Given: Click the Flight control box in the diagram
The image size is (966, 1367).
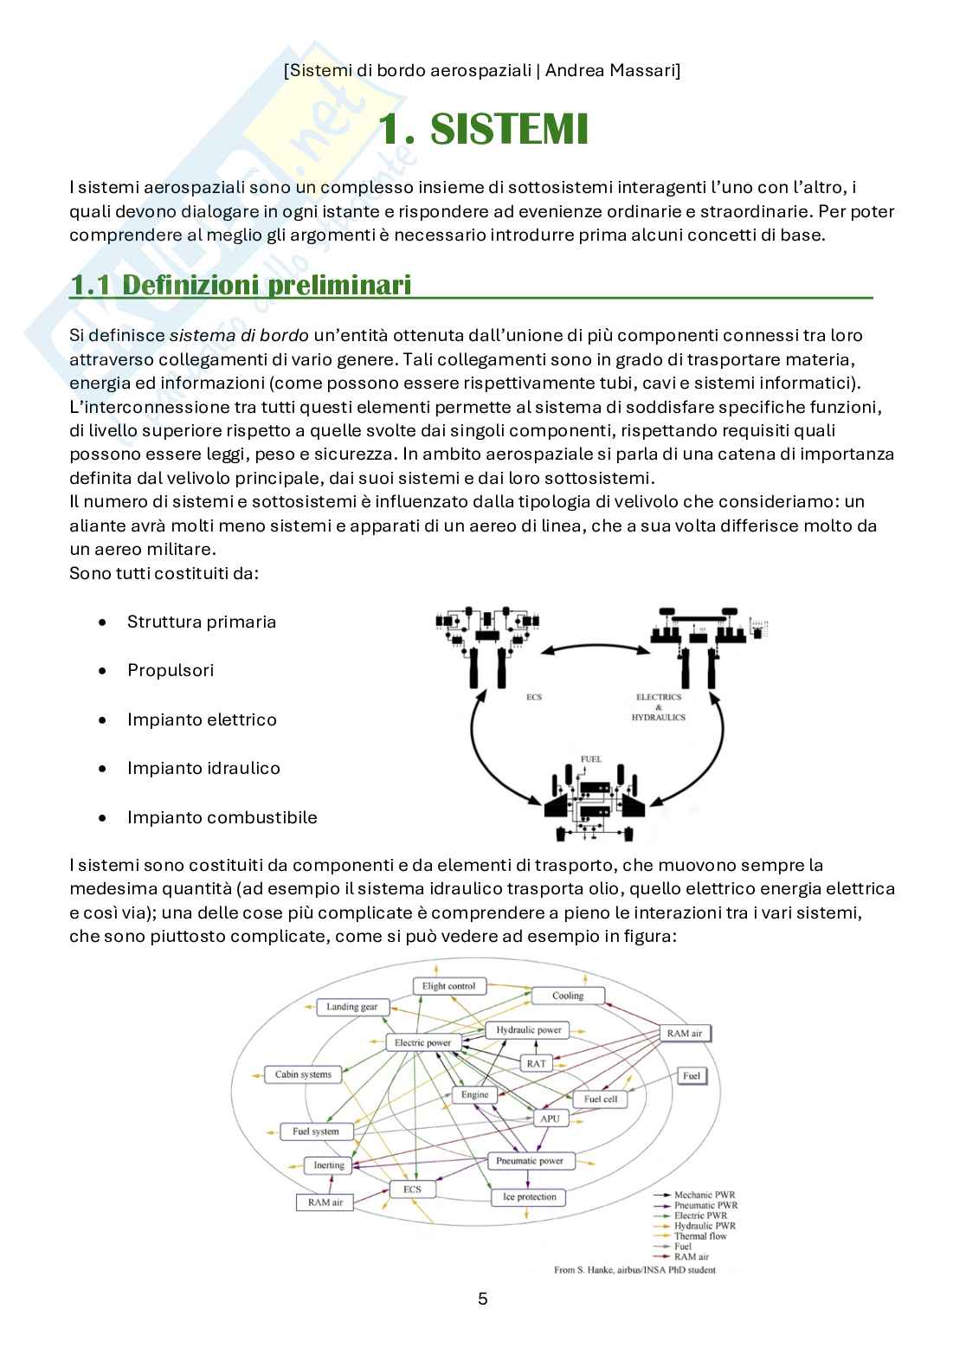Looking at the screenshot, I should click(x=449, y=985).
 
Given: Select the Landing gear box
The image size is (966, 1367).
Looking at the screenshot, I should click(x=351, y=1007).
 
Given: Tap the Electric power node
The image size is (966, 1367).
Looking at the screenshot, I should click(x=422, y=1042).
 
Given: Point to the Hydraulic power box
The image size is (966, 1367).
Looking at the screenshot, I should click(x=528, y=1030).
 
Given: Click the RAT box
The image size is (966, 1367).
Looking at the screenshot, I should click(x=536, y=1062).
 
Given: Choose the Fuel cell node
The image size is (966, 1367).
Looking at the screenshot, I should click(x=600, y=1099).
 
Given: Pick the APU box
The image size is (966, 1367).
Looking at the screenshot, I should click(x=550, y=1118).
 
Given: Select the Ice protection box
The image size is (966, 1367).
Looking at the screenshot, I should click(x=529, y=1197).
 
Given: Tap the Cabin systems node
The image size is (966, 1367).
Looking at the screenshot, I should click(x=303, y=1074).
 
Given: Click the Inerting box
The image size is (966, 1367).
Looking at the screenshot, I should click(x=328, y=1165).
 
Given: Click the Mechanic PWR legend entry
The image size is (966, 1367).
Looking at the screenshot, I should click(x=705, y=1195).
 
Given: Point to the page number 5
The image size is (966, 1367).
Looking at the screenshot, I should click(x=483, y=1299).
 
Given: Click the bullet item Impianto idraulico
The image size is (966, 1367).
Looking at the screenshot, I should click(x=203, y=768).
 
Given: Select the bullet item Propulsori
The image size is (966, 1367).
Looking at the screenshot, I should click(x=171, y=670).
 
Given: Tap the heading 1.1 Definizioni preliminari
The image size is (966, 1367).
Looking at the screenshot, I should click(x=241, y=285).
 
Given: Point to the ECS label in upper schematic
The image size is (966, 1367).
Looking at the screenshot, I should click(x=534, y=697).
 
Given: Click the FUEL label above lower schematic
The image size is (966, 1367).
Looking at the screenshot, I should click(x=591, y=759).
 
